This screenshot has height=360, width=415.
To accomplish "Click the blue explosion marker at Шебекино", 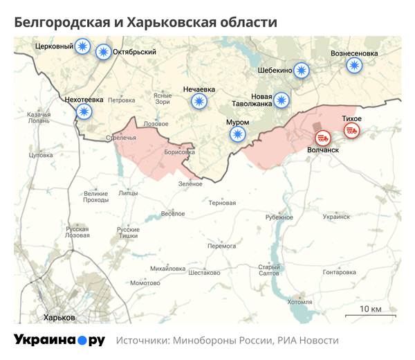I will [x=302, y=70].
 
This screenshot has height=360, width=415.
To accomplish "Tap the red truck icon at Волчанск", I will [x=323, y=137].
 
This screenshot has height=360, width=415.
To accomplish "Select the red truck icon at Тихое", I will [x=352, y=130].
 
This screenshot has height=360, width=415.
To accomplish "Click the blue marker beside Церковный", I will [x=83, y=46].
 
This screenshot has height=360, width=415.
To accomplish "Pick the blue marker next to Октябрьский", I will [x=103, y=51].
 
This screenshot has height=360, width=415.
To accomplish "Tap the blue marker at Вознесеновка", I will [x=354, y=65].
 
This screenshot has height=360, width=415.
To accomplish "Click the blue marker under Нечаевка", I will [x=199, y=102].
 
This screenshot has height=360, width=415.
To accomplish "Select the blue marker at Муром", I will [x=238, y=134].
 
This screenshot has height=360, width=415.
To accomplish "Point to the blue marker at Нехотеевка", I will [x=84, y=111].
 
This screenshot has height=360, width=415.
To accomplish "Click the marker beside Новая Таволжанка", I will [x=281, y=100].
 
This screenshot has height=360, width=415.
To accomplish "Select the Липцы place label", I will [x=128, y=194].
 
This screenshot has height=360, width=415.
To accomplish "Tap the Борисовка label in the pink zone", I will [x=180, y=152].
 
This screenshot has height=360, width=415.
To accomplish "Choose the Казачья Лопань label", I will [x=38, y=117].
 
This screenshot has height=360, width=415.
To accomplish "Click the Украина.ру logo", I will [x=59, y=340].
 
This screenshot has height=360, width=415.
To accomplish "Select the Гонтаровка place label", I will [x=339, y=272].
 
